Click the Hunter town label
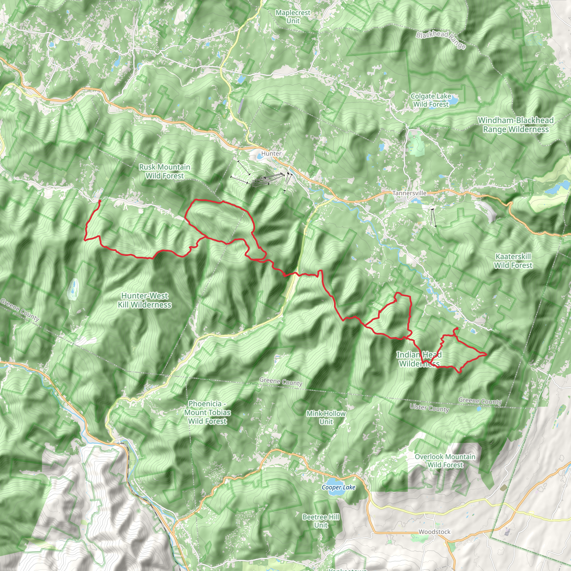(271, 154)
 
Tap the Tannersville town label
(409, 193)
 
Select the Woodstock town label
(434, 532)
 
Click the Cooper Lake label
(338, 487)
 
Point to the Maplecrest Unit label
(293, 17)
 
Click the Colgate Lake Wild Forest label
(431, 100)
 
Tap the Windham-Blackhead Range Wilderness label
(516, 125)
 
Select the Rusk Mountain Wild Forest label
(164, 171)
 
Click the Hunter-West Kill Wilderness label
(144, 300)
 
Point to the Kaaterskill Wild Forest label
(513, 261)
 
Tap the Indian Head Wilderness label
(419, 359)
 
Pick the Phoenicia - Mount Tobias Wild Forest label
(207, 412)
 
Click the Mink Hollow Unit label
(326, 418)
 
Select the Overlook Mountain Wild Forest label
(445, 461)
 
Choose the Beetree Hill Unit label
(321, 521)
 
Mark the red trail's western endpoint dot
(100, 201)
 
